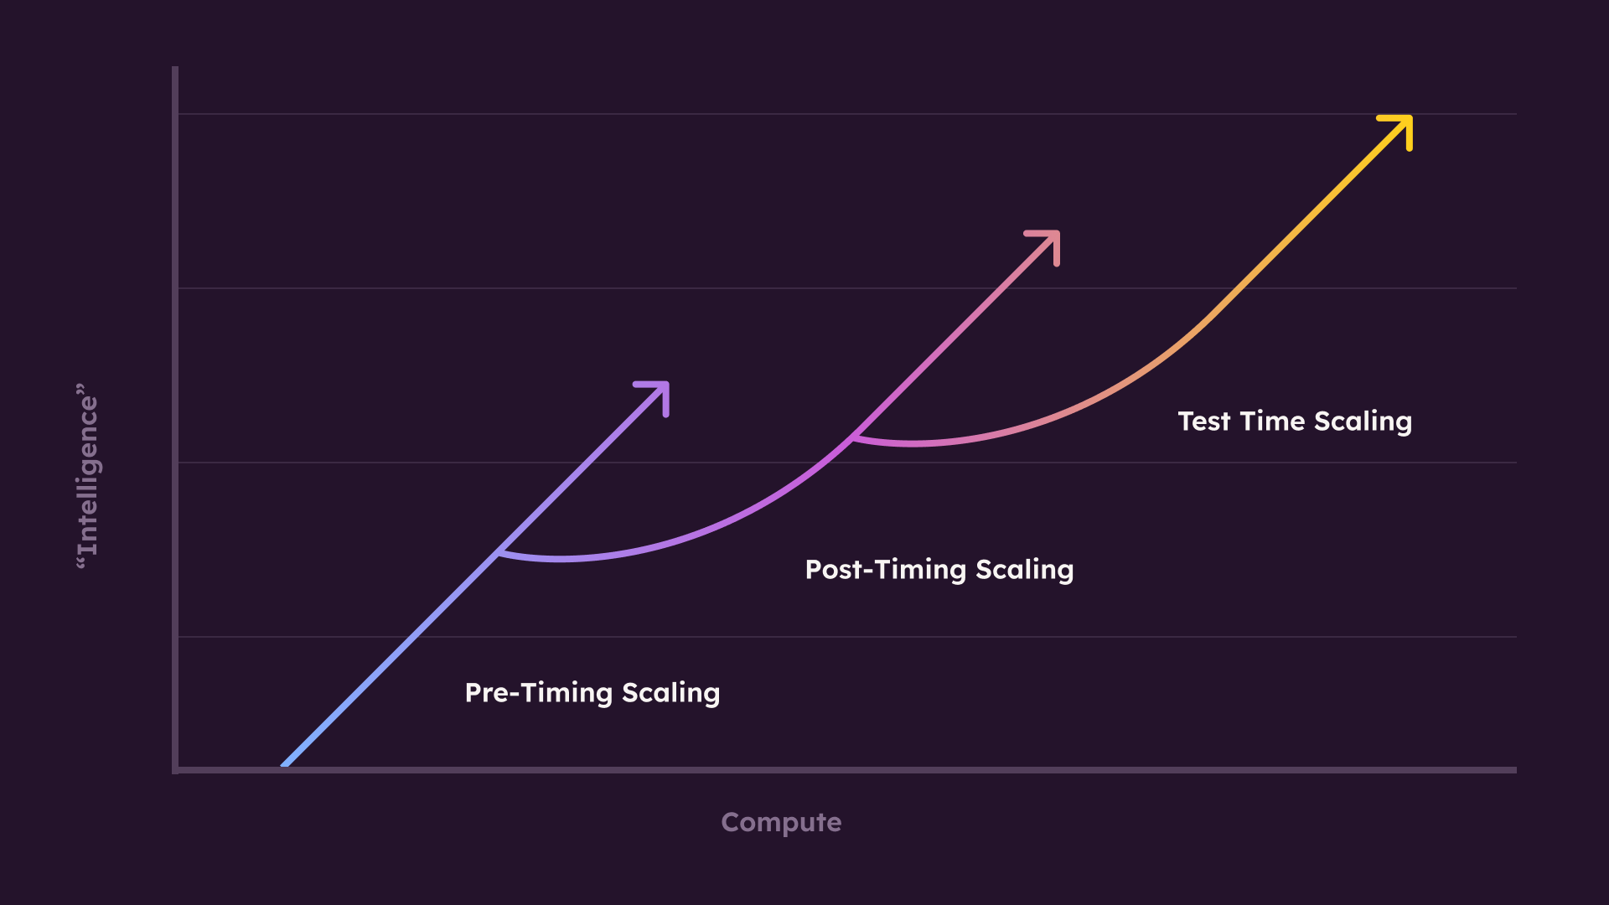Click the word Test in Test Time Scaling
(1204, 421)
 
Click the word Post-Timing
(886, 570)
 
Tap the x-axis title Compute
(781, 822)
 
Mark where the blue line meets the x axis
(285, 766)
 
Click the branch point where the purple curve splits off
(498, 552)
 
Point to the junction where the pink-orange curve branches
(851, 437)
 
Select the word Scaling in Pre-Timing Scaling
(670, 693)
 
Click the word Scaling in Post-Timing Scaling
(1024, 570)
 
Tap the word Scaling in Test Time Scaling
(1363, 421)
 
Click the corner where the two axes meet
(175, 769)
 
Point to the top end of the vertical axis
(175, 68)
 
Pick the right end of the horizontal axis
(1514, 769)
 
